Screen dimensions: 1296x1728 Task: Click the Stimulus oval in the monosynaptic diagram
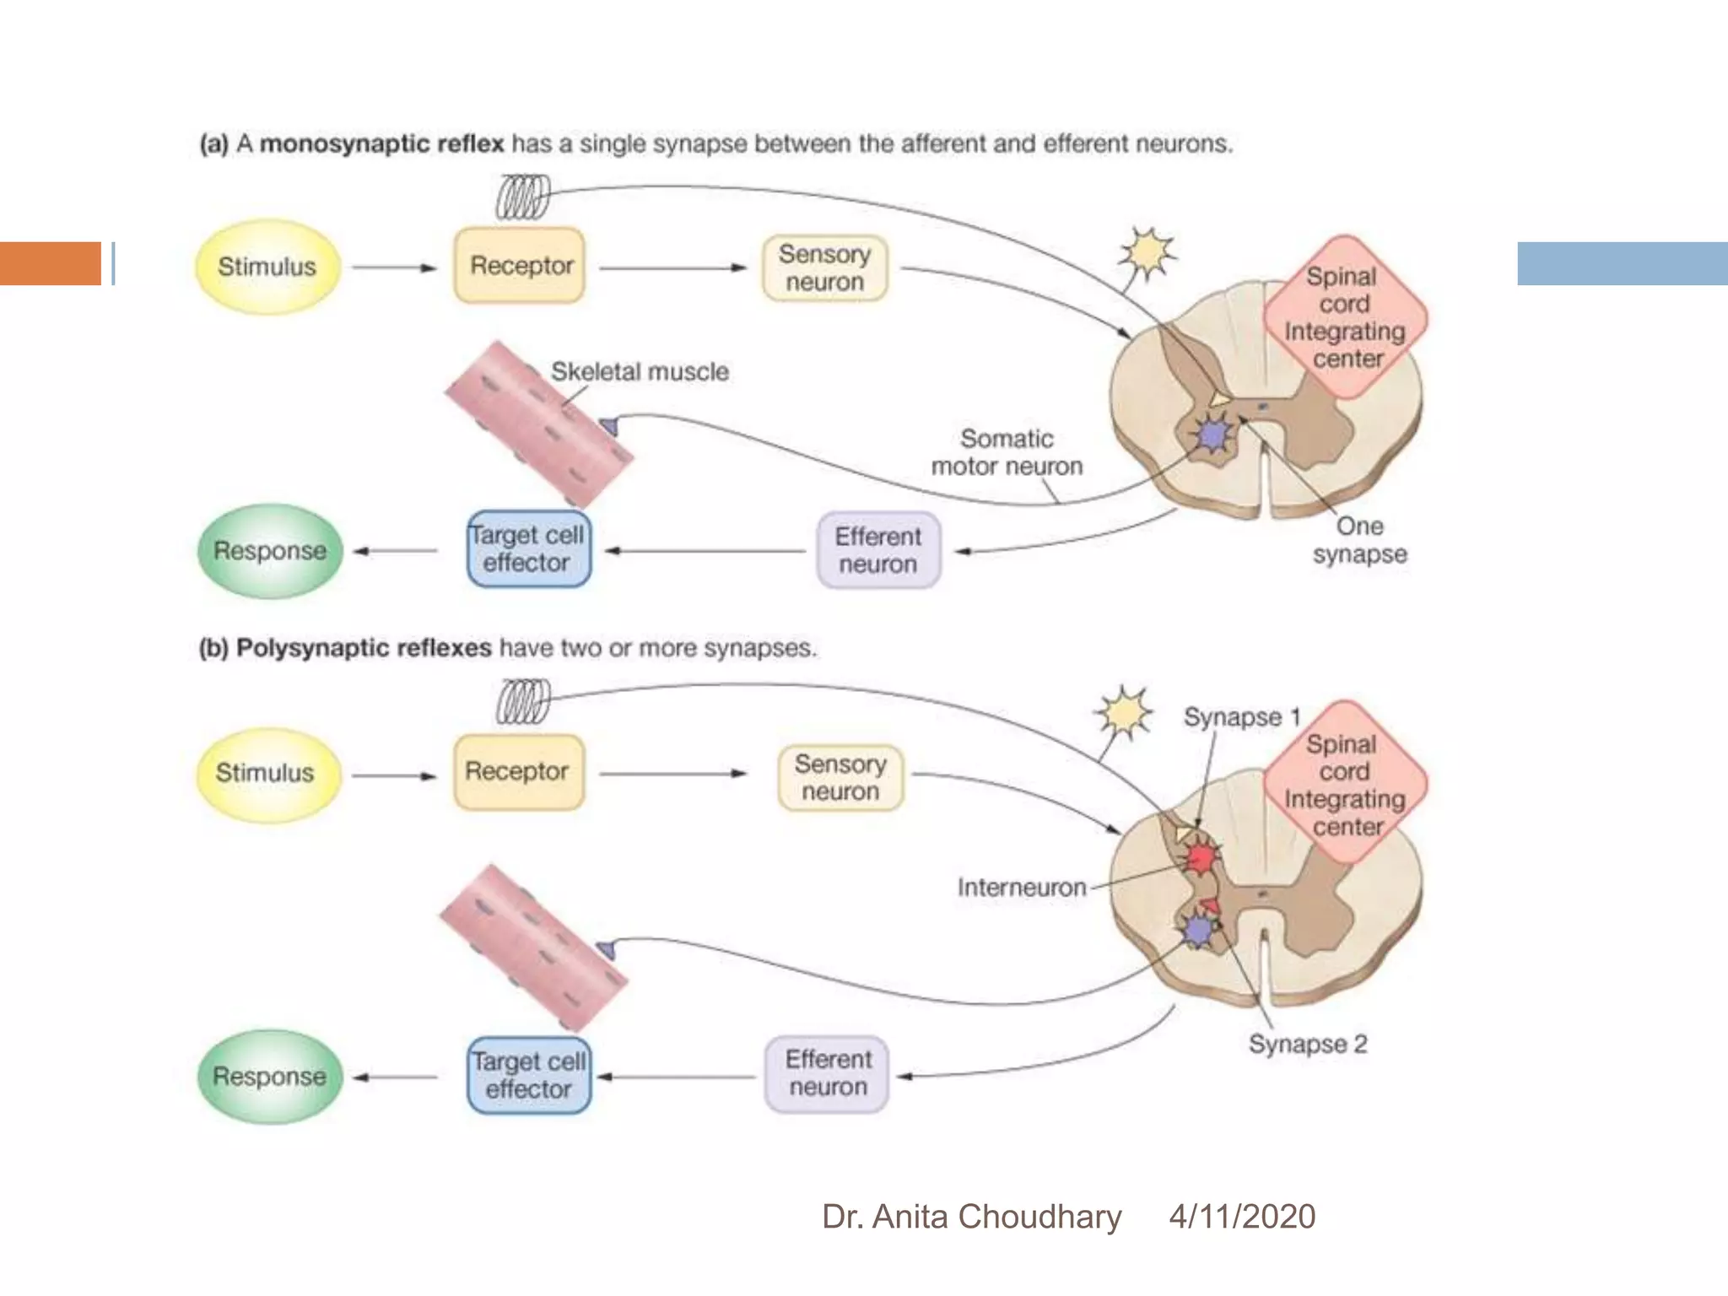pyautogui.click(x=267, y=267)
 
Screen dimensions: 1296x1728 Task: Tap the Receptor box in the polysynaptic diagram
pyautogui.click(x=518, y=772)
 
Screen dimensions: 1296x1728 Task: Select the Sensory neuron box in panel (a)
pyautogui.click(x=824, y=268)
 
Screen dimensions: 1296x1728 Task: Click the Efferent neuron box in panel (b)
pyautogui.click(x=827, y=1074)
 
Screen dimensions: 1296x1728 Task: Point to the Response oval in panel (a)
pyautogui.click(x=270, y=551)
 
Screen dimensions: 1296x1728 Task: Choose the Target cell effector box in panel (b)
pyautogui.click(x=529, y=1075)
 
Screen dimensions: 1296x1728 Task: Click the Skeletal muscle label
pyautogui.click(x=640, y=372)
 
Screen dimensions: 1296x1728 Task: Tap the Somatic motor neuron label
pyautogui.click(x=1007, y=453)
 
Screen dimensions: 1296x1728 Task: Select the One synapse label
pyautogui.click(x=1359, y=540)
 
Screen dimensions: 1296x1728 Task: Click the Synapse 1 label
pyautogui.click(x=1241, y=717)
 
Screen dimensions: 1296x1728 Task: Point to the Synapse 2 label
pyautogui.click(x=1307, y=1045)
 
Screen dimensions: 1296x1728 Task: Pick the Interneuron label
pyautogui.click(x=1021, y=888)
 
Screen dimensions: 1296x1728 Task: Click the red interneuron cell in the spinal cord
pyautogui.click(x=1201, y=859)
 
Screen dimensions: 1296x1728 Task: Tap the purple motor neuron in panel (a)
pyautogui.click(x=1212, y=436)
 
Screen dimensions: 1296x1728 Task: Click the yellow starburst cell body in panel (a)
pyautogui.click(x=1147, y=251)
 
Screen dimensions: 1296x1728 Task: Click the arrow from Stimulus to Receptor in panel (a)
pyautogui.click(x=394, y=268)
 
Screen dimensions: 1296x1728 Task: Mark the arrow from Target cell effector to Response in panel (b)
pyautogui.click(x=395, y=1077)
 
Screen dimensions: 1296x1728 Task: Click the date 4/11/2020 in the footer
pyautogui.click(x=1241, y=1217)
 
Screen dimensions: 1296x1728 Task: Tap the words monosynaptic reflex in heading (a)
pyautogui.click(x=381, y=144)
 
